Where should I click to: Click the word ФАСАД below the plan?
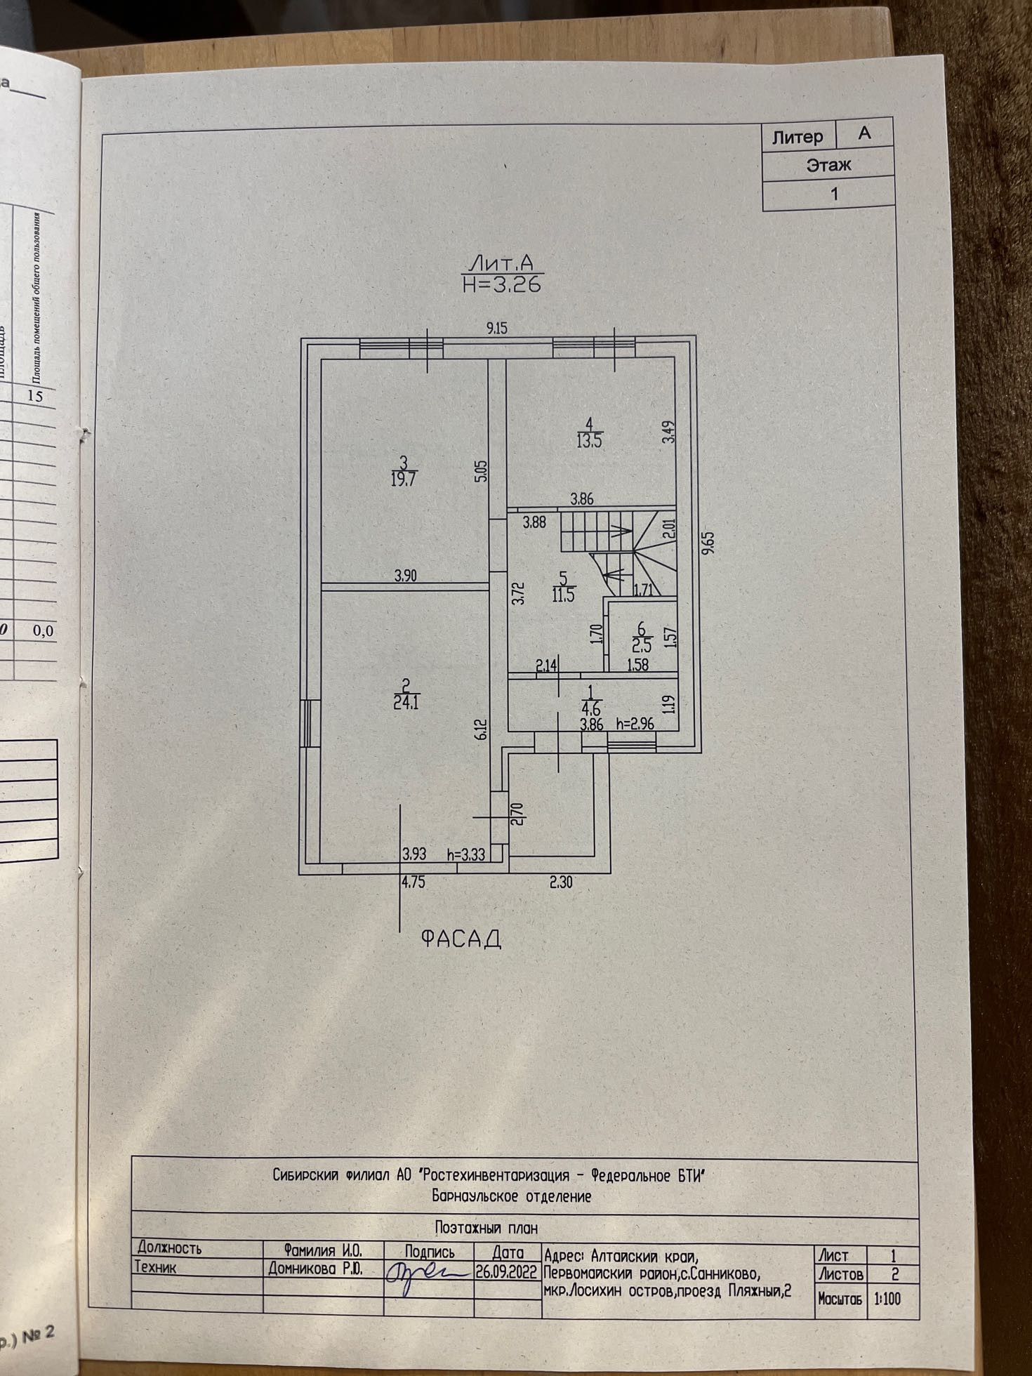pyautogui.click(x=461, y=939)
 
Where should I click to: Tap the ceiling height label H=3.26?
pyautogui.click(x=501, y=285)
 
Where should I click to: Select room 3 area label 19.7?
pyautogui.click(x=403, y=479)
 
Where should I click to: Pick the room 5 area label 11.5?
pyautogui.click(x=564, y=596)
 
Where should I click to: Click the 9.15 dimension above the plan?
pyautogui.click(x=496, y=327)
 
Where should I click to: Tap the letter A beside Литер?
pyautogui.click(x=864, y=133)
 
